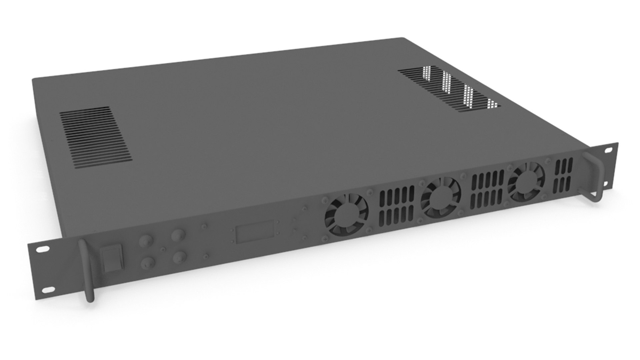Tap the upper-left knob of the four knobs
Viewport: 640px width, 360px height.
tap(145, 240)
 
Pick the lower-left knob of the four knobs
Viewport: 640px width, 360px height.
tap(147, 263)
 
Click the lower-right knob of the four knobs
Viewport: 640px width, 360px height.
tap(180, 257)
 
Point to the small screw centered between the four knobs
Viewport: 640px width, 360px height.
tap(163, 249)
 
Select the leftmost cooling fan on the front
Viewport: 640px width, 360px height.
tap(347, 215)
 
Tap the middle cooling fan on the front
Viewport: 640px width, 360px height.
tap(441, 197)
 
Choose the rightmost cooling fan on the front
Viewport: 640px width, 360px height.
tap(526, 181)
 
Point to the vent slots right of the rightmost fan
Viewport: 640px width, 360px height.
tap(563, 176)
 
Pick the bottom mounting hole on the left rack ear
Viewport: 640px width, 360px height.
tap(49, 290)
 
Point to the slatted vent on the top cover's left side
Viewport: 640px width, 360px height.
tap(96, 137)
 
